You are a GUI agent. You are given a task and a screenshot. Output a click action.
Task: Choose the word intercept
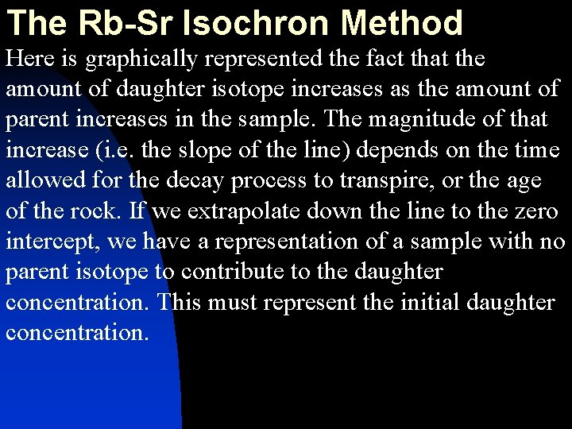45,242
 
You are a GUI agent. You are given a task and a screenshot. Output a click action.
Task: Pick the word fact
412,59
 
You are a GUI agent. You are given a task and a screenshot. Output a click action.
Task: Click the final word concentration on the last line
77,332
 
